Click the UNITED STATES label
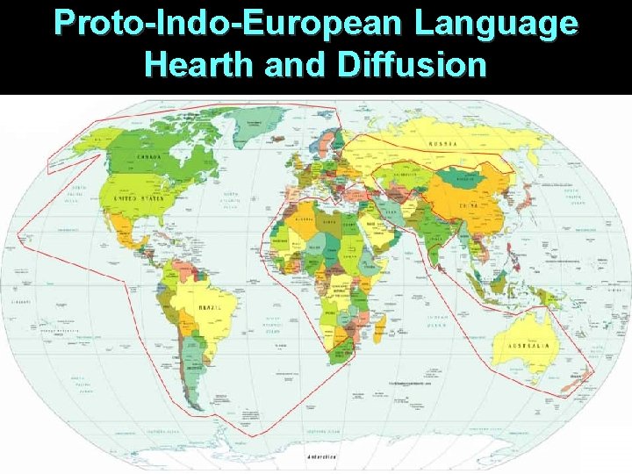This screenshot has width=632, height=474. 138,198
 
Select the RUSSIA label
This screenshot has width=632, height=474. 441,144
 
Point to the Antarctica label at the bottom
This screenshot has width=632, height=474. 326,457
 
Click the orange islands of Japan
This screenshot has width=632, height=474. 525,197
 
